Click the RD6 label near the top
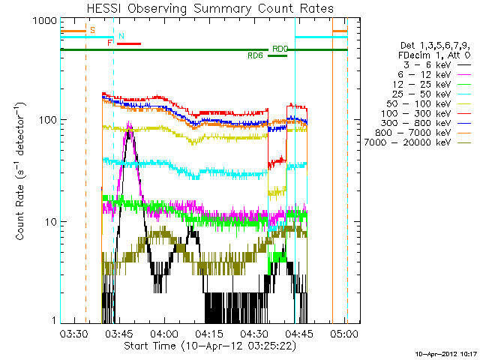pos(256,55)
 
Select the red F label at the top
pos(110,43)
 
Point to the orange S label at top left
pos(92,30)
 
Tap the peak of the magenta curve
pos(130,125)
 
